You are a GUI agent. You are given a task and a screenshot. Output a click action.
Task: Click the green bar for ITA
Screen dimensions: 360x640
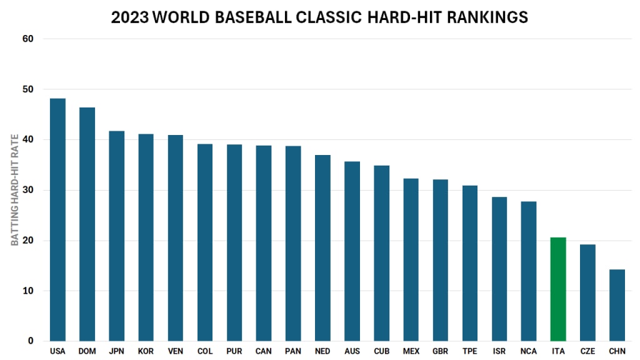pos(558,289)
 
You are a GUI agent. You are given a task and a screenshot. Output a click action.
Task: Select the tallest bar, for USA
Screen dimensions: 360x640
pos(57,220)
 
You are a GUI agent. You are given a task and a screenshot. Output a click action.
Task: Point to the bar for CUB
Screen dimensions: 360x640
pos(381,253)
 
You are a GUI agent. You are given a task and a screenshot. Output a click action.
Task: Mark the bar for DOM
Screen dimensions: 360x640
pos(87,224)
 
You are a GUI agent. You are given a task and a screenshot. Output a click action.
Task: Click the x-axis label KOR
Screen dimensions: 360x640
pos(146,351)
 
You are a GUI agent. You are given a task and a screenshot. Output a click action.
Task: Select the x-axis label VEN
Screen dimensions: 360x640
pos(175,351)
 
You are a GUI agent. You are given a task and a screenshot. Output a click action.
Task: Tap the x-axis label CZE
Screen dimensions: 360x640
pos(587,351)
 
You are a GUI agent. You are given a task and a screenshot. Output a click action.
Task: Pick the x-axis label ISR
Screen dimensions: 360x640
pos(499,351)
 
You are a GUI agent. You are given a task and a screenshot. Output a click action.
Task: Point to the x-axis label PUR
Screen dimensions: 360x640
pos(234,351)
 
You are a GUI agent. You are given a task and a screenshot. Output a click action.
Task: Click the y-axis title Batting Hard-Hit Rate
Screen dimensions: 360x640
pos(14,190)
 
